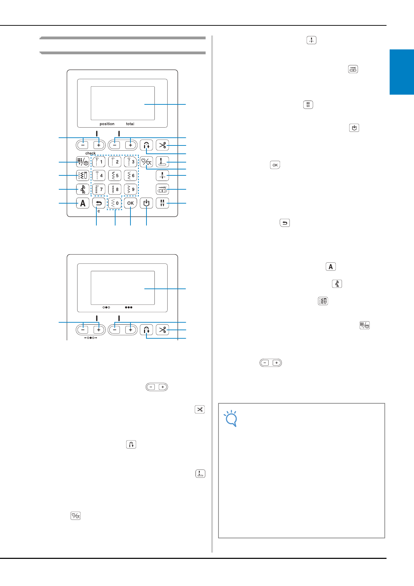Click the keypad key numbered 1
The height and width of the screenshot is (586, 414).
pyautogui.click(x=99, y=162)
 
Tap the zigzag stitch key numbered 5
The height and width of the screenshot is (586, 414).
pyautogui.click(x=114, y=175)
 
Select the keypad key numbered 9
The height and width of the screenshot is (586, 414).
pyautogui.click(x=130, y=189)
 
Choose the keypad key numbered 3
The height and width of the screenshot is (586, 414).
pyautogui.click(x=130, y=162)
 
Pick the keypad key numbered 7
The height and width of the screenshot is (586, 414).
pyautogui.click(x=99, y=189)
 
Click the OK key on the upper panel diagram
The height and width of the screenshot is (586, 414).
pyautogui.click(x=130, y=203)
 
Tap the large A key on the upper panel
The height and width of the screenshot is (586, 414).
pyautogui.click(x=83, y=203)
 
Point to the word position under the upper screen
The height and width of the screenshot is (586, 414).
pyautogui.click(x=107, y=124)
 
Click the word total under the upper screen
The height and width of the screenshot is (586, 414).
pyautogui.click(x=130, y=124)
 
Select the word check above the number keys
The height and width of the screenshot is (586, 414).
pyautogui.click(x=90, y=153)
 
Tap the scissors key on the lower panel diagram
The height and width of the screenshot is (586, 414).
pyautogui.click(x=162, y=330)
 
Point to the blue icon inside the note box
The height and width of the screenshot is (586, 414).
pyautogui.click(x=231, y=418)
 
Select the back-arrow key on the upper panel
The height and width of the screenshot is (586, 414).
pyautogui.click(x=99, y=203)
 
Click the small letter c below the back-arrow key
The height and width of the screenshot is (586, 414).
pyautogui.click(x=99, y=211)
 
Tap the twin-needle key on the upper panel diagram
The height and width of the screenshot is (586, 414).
pyautogui.click(x=162, y=203)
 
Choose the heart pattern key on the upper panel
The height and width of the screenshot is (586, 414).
pyautogui.click(x=146, y=162)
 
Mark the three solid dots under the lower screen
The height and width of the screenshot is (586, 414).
pyautogui.click(x=129, y=307)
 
